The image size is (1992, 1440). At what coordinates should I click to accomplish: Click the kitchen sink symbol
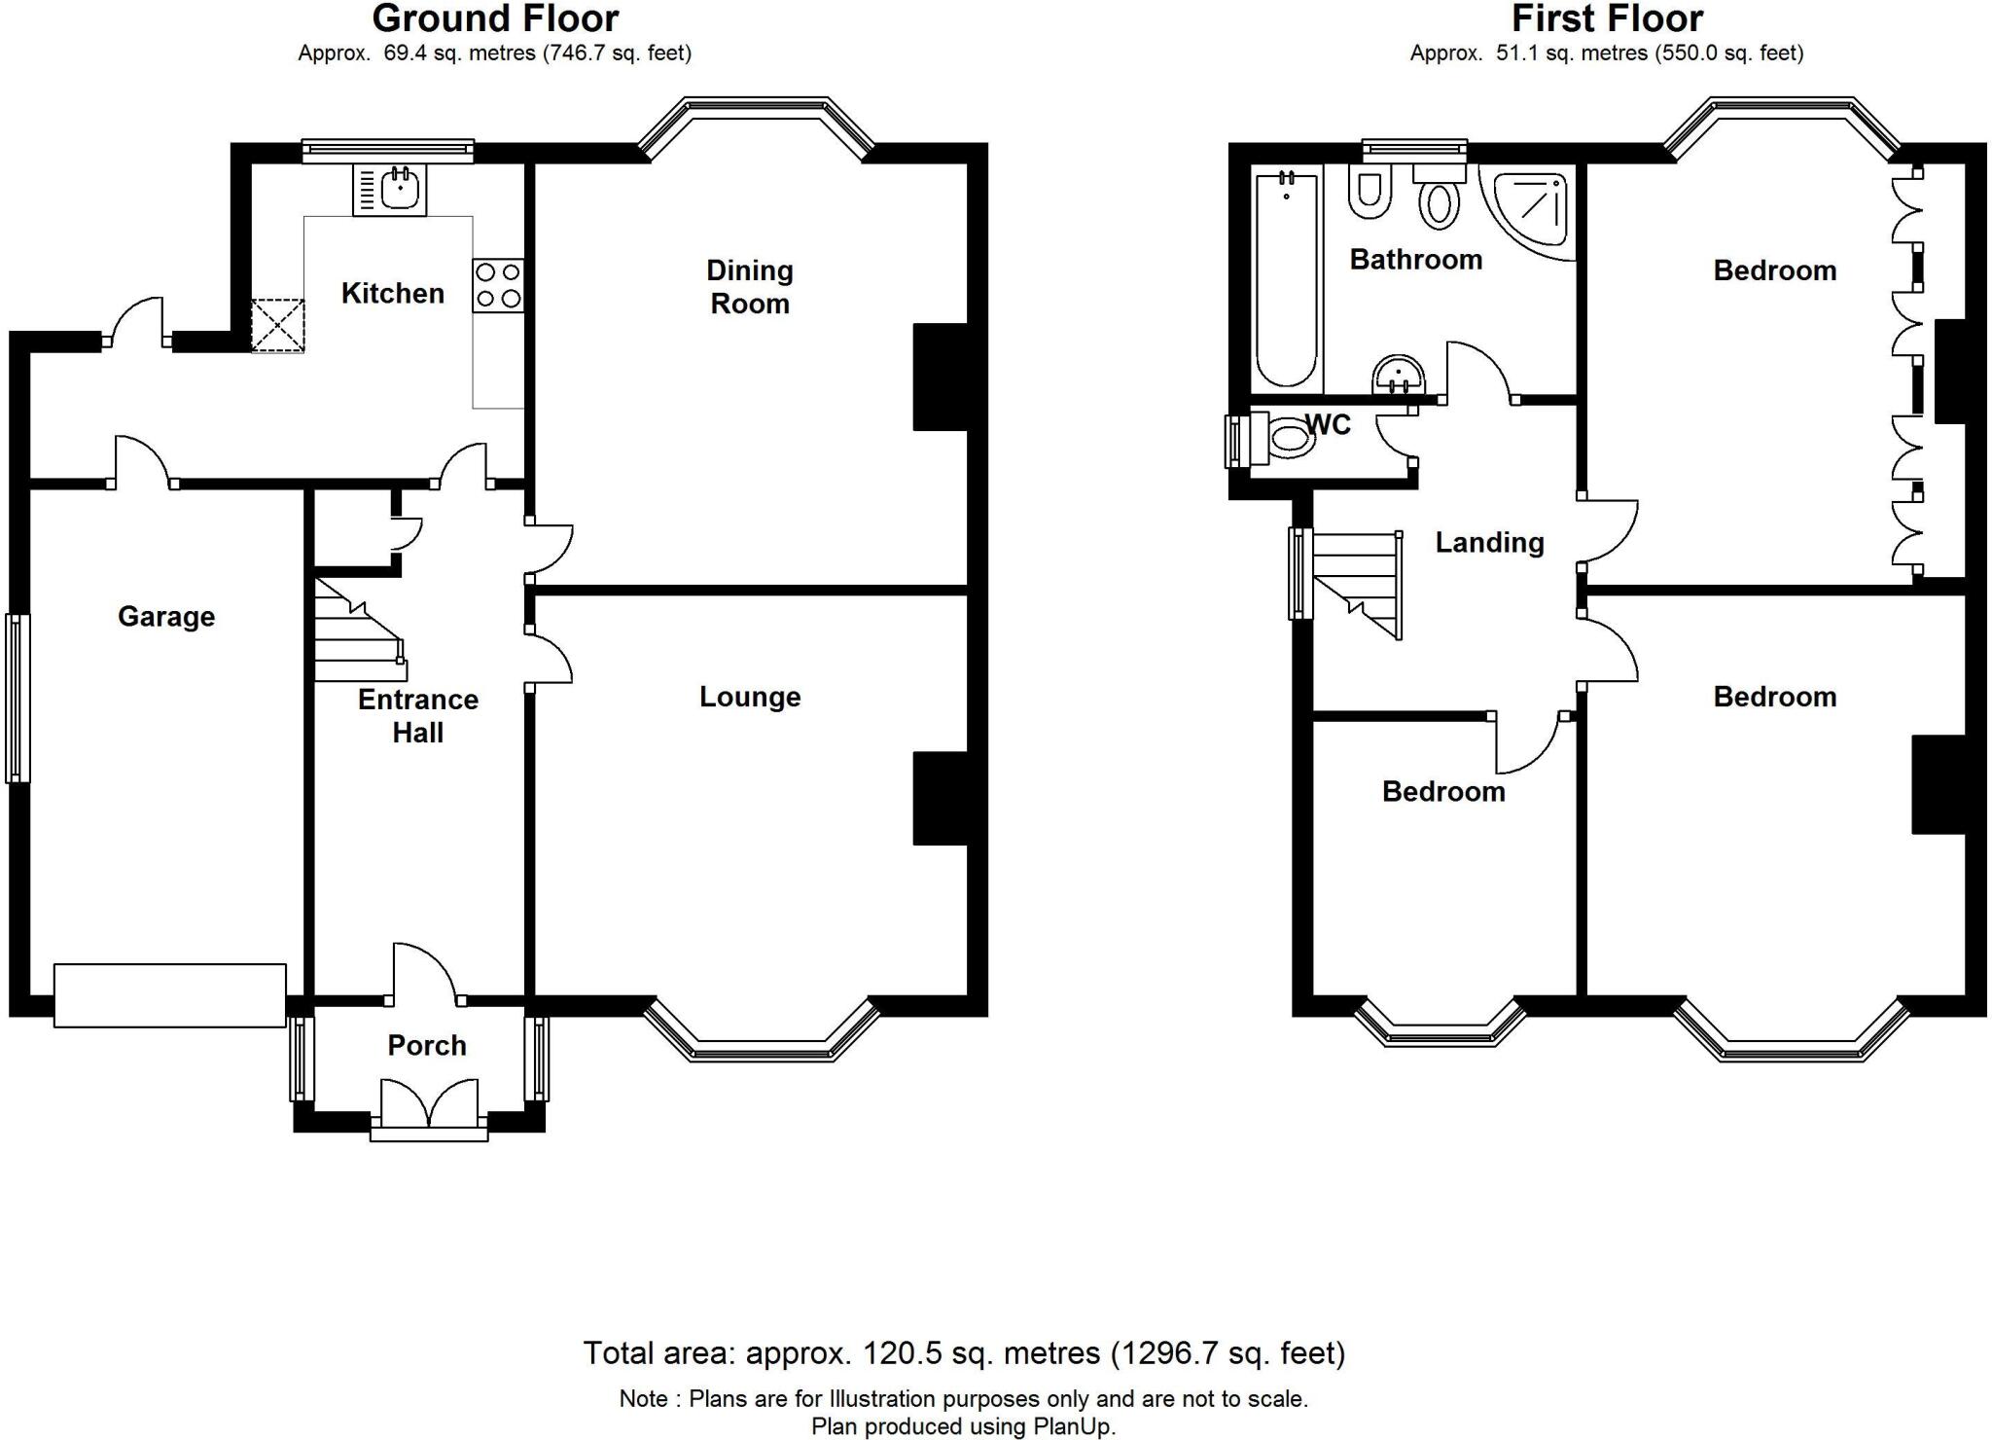(x=390, y=190)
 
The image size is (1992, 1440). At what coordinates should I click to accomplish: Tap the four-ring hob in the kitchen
(x=498, y=285)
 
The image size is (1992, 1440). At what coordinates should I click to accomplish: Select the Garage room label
(x=166, y=617)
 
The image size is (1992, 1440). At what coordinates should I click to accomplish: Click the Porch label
(x=427, y=1046)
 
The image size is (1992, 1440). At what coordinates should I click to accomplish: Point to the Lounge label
(x=750, y=697)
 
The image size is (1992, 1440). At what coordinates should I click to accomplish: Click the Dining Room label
(x=750, y=287)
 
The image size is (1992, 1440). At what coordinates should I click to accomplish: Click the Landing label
(x=1489, y=543)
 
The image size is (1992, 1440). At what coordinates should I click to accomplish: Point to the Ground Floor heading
(x=495, y=19)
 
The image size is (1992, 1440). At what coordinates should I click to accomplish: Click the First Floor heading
(x=1607, y=19)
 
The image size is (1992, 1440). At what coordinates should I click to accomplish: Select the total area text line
(x=964, y=1353)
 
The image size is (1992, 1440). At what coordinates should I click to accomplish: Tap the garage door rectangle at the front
(x=170, y=995)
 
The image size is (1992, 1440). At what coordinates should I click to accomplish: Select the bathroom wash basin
(x=1398, y=375)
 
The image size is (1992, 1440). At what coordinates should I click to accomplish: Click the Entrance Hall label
(x=418, y=716)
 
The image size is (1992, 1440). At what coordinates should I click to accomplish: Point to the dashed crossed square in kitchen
(x=278, y=325)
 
